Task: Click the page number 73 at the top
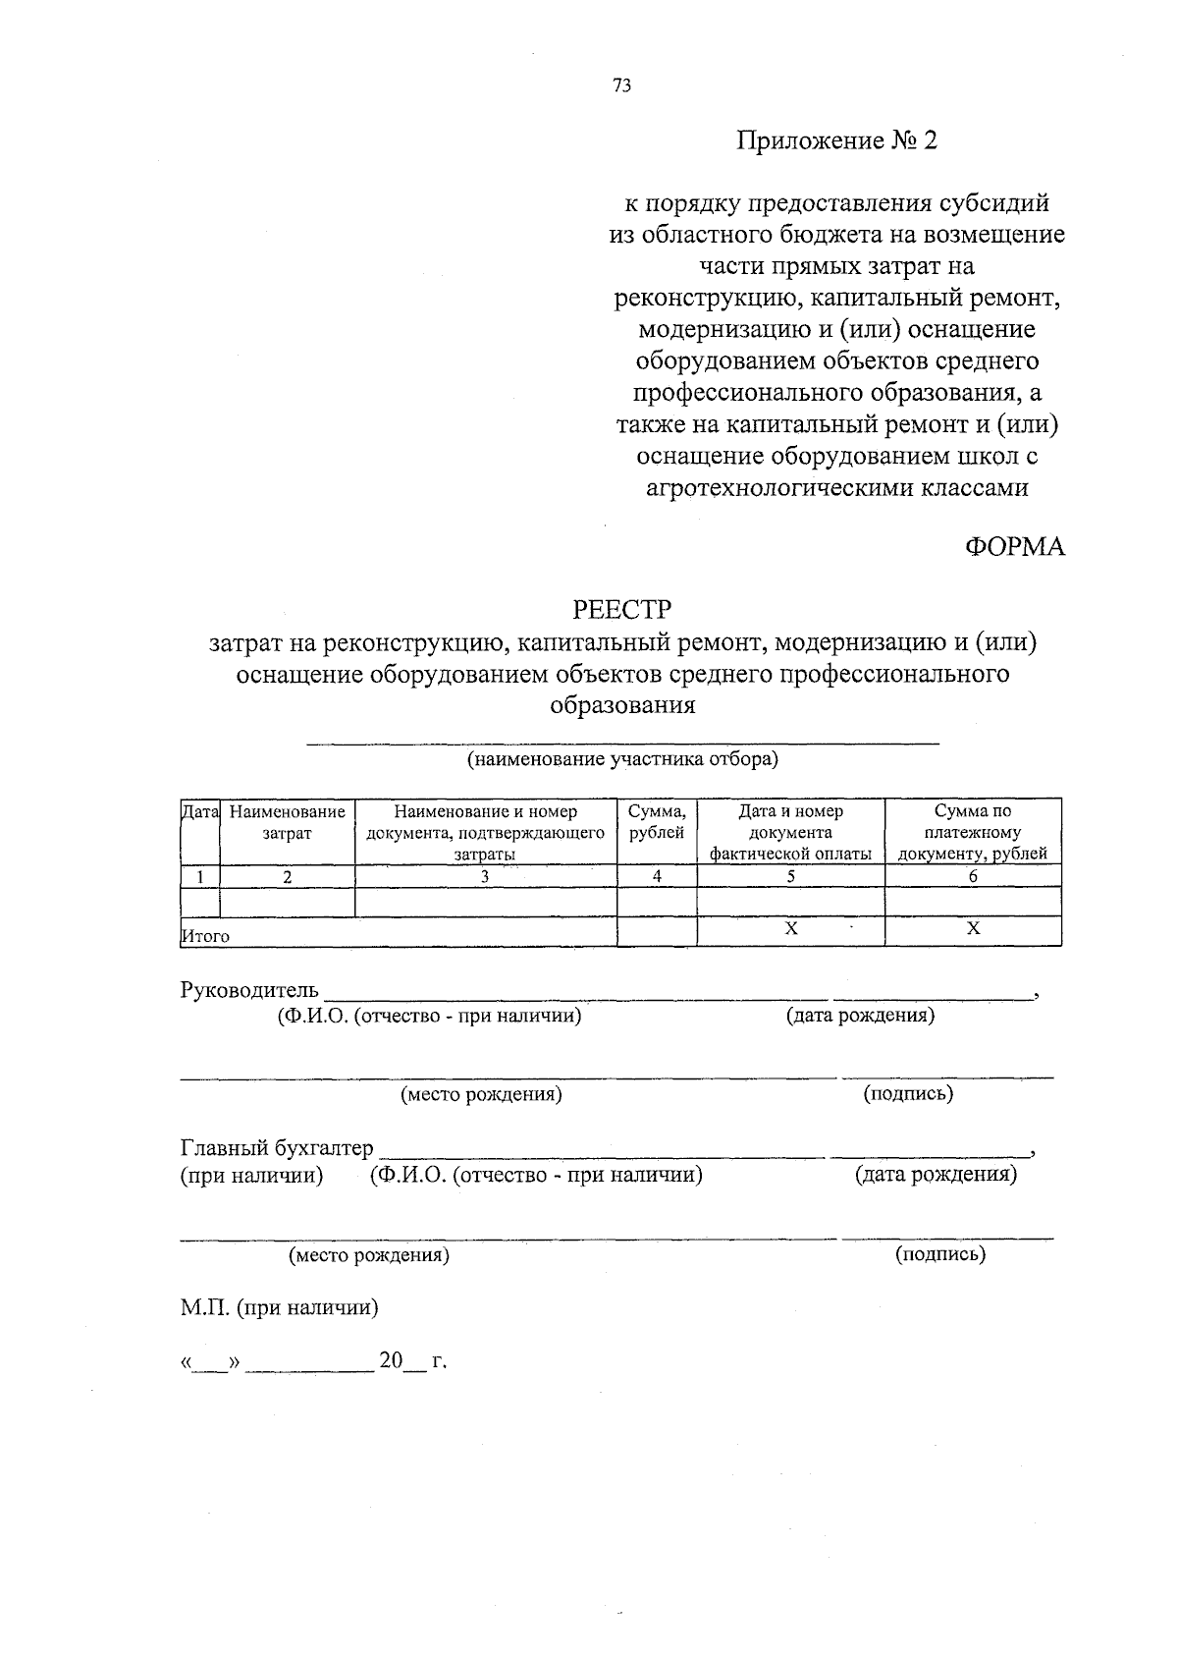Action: coord(621,85)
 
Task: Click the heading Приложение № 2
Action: coord(837,141)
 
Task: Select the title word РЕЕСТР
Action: coord(622,611)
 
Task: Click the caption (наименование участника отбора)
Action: coord(622,759)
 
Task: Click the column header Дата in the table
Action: coord(199,812)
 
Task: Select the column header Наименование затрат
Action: coord(287,823)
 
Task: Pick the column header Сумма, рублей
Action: coord(657,823)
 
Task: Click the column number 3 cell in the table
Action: coord(485,877)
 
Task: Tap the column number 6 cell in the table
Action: coord(973,877)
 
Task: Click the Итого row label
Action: coord(205,937)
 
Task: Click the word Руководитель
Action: coord(249,990)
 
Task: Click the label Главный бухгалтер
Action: coord(277,1148)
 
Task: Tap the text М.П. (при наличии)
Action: coord(279,1308)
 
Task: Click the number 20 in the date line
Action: coord(391,1361)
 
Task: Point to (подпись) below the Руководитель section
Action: coord(908,1094)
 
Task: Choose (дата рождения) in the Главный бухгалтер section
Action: coord(936,1175)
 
